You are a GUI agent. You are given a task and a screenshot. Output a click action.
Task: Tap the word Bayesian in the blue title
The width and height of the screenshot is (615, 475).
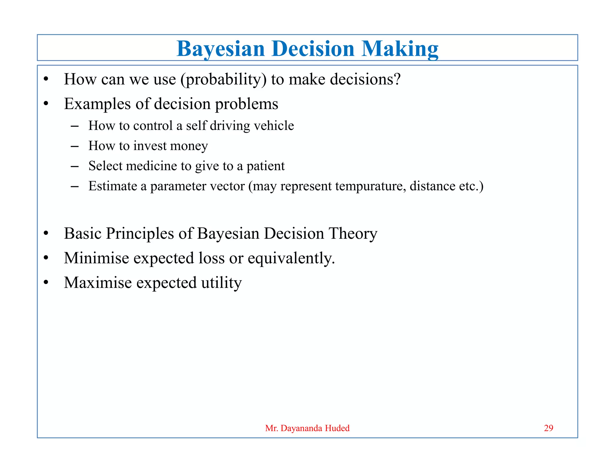[x=220, y=49]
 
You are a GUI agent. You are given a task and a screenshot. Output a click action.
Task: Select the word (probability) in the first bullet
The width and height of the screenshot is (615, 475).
[x=223, y=80]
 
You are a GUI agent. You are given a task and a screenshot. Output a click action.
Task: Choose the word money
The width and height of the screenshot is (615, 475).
[x=189, y=146]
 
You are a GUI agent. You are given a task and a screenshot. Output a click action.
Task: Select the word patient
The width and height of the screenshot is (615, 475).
[x=265, y=166]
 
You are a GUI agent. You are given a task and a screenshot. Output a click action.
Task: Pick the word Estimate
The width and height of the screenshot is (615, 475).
[x=113, y=186]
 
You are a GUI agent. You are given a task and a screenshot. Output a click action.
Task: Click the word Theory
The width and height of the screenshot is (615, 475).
[x=353, y=234]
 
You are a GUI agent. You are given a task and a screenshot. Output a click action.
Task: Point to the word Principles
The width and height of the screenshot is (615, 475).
[x=140, y=234]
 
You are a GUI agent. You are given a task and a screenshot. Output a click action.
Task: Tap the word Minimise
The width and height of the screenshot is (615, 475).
[x=96, y=258]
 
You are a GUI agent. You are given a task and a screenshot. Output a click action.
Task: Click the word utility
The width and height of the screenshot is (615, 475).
[x=221, y=283]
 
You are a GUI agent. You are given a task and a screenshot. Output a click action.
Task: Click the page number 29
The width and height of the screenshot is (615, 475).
[x=548, y=428]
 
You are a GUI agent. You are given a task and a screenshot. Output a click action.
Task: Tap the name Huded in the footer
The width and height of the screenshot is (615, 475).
[x=337, y=428]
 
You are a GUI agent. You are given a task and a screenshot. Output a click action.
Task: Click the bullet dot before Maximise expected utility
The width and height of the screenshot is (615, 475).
[x=46, y=283]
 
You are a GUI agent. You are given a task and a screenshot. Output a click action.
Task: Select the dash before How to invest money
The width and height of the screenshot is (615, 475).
[x=74, y=146]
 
